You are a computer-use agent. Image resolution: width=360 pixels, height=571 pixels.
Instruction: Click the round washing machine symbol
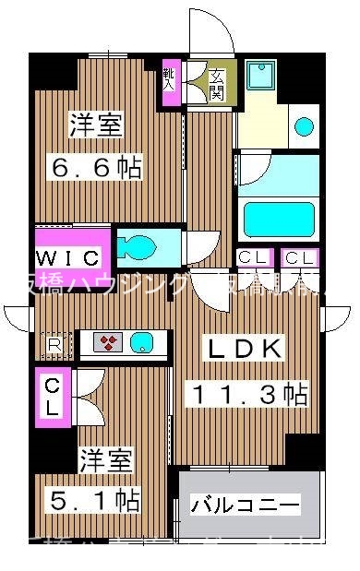coord(303,126)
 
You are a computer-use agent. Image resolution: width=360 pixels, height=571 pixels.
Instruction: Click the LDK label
coord(244,350)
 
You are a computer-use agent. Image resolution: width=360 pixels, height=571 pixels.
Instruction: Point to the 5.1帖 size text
coord(94,501)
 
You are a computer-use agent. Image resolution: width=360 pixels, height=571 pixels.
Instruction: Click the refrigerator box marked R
coord(54,345)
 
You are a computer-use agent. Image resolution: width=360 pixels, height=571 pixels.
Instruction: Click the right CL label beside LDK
coord(299,259)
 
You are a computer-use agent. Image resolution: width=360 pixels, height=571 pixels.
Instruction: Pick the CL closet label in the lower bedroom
coord(53,394)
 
